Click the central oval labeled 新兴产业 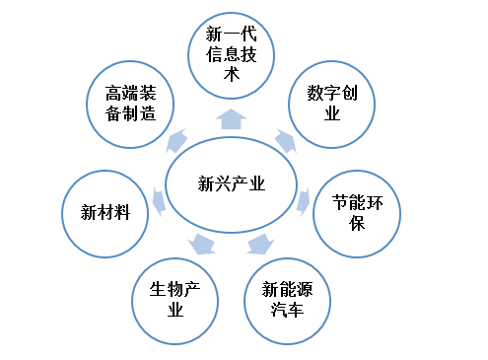click(x=232, y=182)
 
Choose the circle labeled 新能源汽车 click(x=288, y=300)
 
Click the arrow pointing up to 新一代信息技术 click(x=232, y=119)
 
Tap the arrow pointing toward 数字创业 click(x=284, y=140)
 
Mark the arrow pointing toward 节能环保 click(x=305, y=202)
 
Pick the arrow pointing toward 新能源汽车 click(x=259, y=243)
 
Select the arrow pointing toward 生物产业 click(x=202, y=244)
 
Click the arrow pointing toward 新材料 click(x=158, y=204)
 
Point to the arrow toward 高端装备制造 click(x=178, y=138)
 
